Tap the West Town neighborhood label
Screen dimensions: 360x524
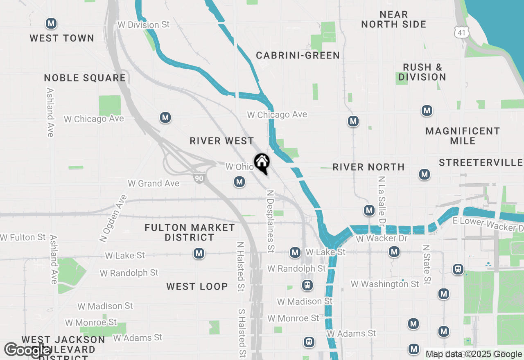click(62, 38)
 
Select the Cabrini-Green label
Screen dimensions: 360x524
click(298, 55)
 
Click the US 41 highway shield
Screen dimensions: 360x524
click(462, 32)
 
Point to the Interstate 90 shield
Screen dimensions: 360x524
click(199, 178)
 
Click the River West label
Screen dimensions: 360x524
click(222, 141)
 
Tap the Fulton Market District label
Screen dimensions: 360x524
click(190, 232)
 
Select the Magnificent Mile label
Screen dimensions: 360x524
click(463, 136)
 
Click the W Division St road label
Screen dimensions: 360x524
click(143, 25)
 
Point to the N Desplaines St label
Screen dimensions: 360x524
click(270, 221)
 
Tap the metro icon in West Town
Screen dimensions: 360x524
click(51, 24)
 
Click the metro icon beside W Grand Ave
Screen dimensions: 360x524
click(239, 182)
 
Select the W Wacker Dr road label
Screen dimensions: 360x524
click(376, 238)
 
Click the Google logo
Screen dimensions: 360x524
click(27, 350)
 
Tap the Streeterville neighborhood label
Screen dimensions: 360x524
click(481, 163)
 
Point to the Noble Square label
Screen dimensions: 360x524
click(85, 78)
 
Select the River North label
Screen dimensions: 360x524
click(368, 167)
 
